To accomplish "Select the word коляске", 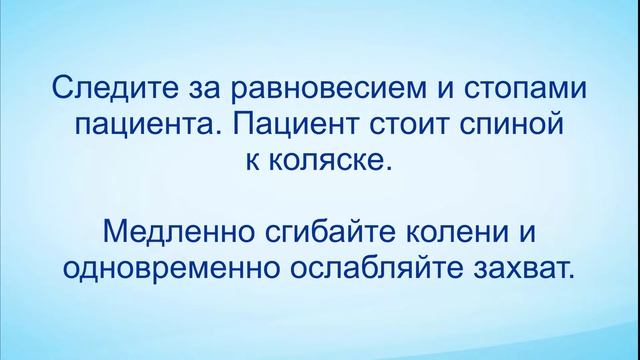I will click(x=334, y=161).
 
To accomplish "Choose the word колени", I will click(x=466, y=233).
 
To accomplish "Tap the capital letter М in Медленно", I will click(x=116, y=232).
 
